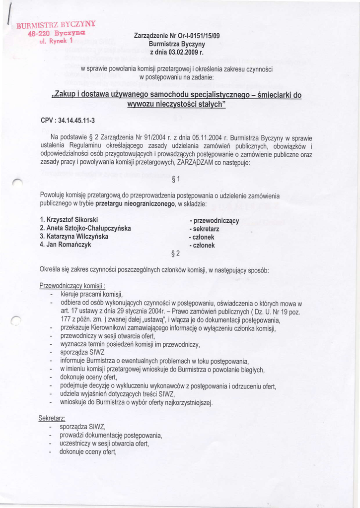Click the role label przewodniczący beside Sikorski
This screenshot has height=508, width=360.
pos(215,220)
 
